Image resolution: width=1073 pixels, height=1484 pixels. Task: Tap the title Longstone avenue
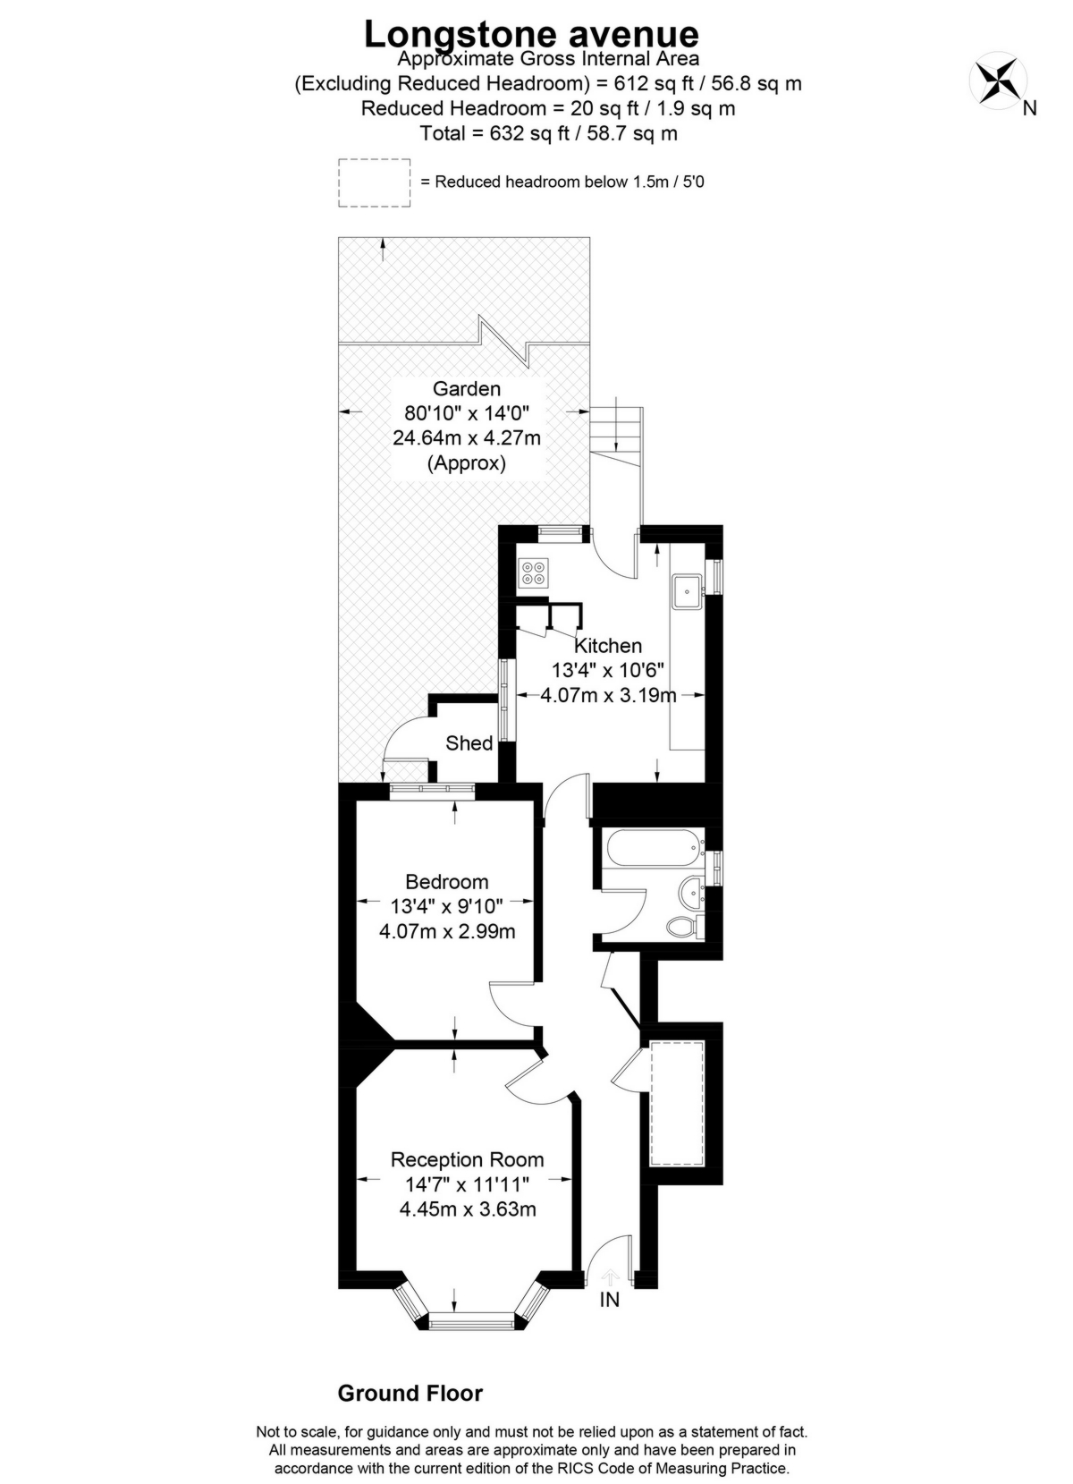(531, 34)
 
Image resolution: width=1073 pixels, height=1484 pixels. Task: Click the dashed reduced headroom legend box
(375, 182)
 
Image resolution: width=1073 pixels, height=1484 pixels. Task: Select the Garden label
(466, 388)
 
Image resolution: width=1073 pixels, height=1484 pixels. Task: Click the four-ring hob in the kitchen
(534, 572)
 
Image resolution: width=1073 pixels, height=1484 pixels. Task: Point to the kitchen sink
(689, 591)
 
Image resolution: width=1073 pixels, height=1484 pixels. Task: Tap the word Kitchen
(607, 645)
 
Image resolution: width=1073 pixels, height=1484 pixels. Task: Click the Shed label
(469, 743)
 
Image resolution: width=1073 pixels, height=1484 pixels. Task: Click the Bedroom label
(447, 882)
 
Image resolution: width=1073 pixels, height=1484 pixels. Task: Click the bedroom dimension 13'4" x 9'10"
(446, 905)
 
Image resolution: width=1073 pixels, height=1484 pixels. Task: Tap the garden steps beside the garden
(617, 430)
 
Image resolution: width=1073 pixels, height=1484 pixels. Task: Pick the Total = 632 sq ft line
(548, 133)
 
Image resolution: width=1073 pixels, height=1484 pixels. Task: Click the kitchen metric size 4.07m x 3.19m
(608, 695)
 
